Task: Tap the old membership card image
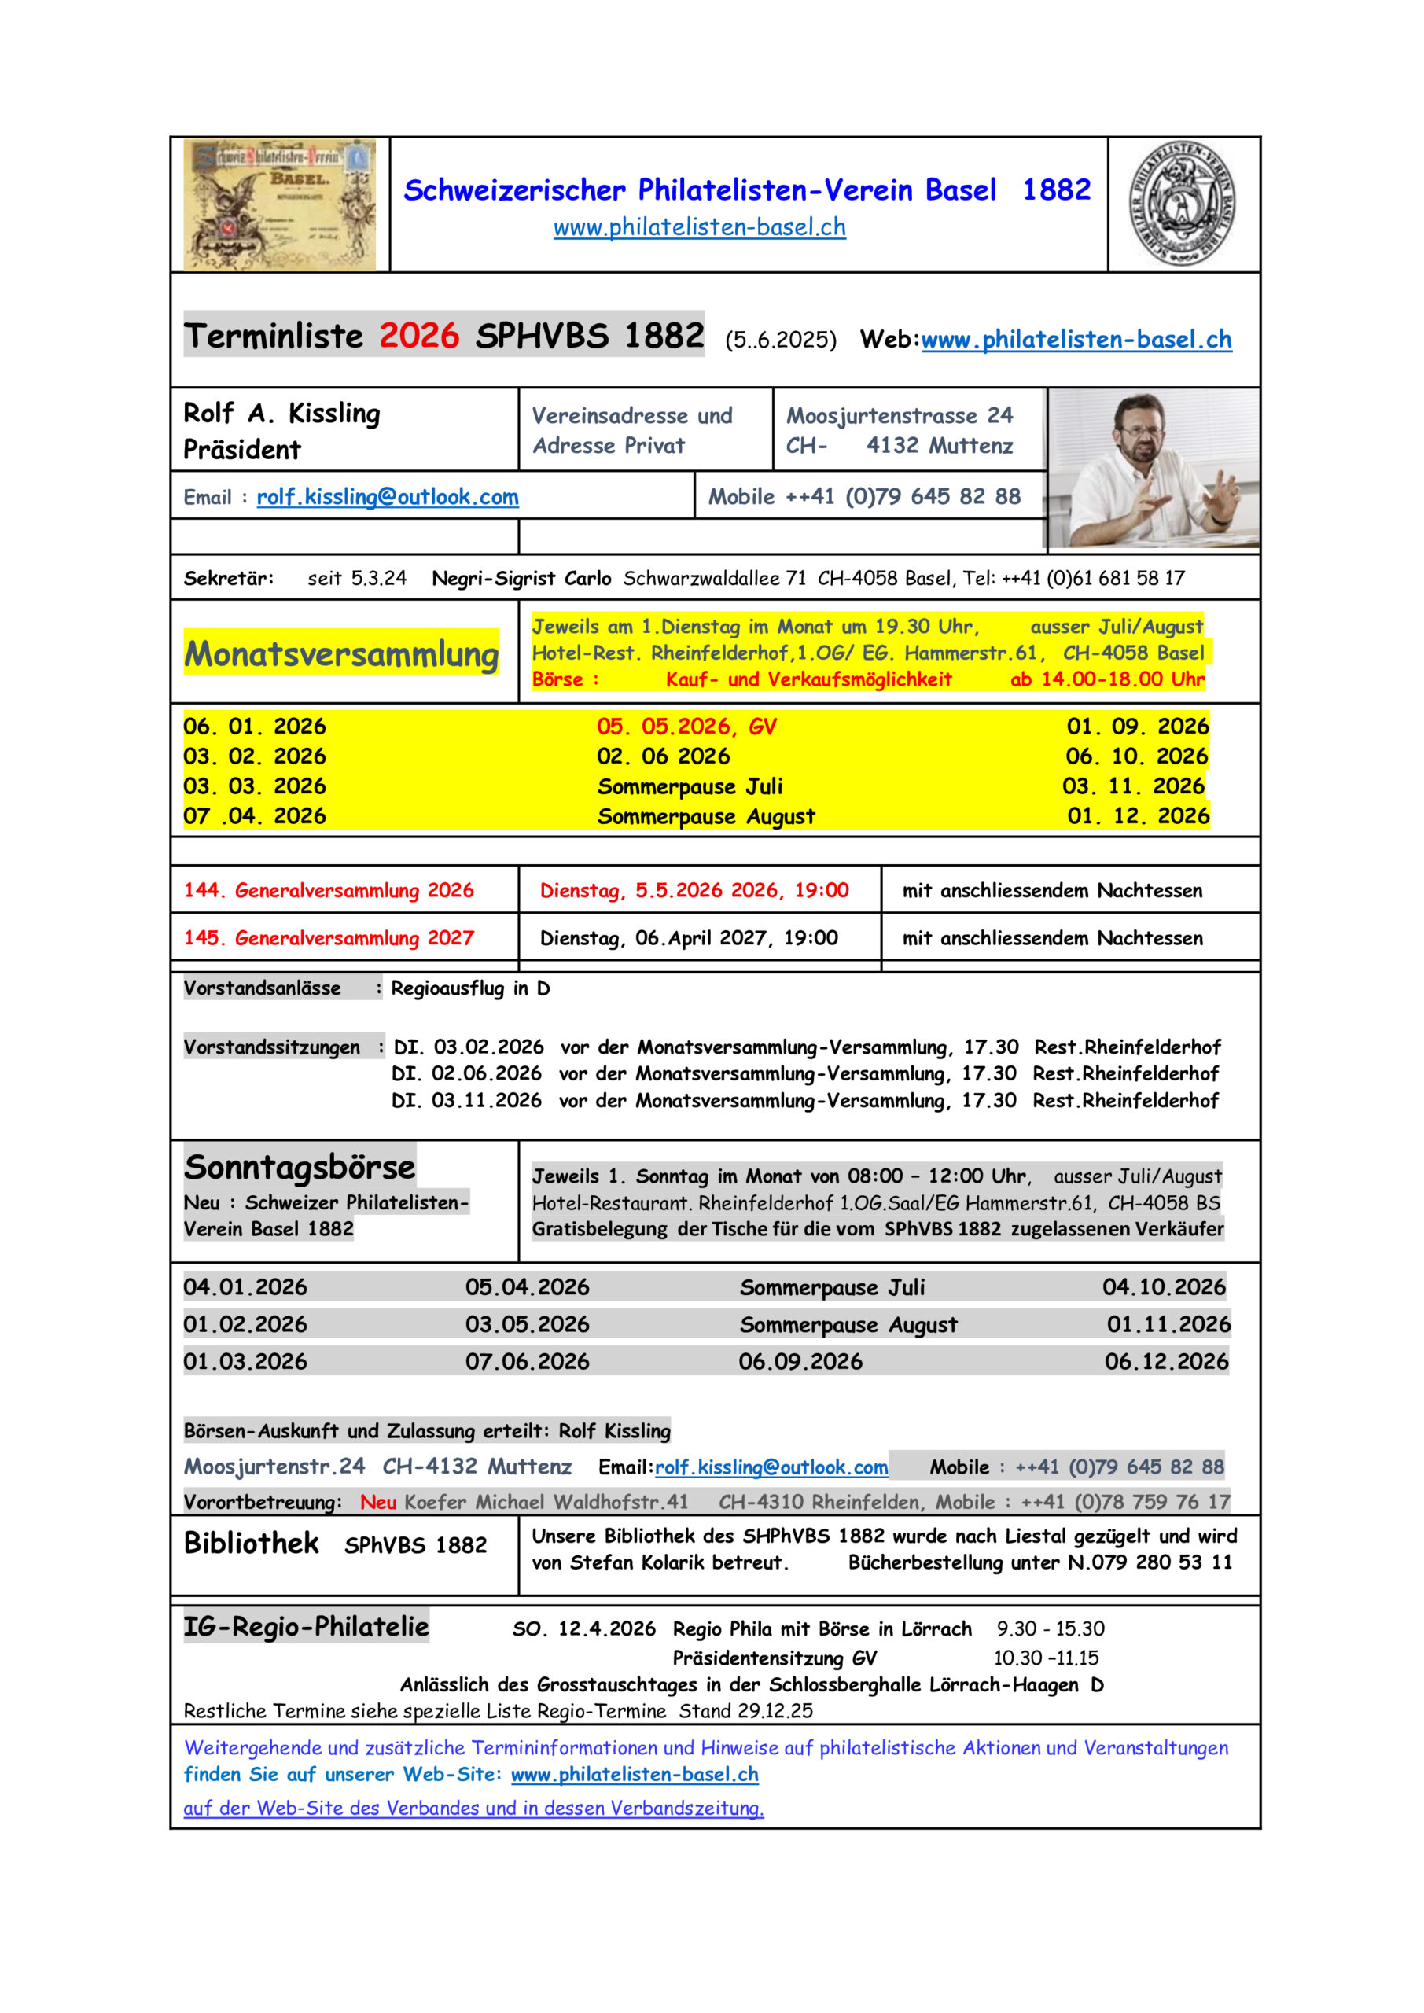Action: (x=280, y=204)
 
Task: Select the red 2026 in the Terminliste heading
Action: (x=418, y=336)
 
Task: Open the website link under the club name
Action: (x=699, y=227)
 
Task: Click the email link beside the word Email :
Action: (x=387, y=497)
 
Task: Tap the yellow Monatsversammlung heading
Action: (x=341, y=654)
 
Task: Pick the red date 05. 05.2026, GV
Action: (x=686, y=727)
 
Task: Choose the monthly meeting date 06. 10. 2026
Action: (x=1136, y=756)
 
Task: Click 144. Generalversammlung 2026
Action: (x=328, y=891)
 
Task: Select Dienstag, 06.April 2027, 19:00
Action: (x=688, y=938)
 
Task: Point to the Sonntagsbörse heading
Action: (x=299, y=1167)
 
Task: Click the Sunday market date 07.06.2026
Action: (x=527, y=1362)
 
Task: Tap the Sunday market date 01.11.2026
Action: (x=1168, y=1324)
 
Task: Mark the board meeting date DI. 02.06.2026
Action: (x=466, y=1074)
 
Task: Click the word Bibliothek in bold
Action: (x=251, y=1543)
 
